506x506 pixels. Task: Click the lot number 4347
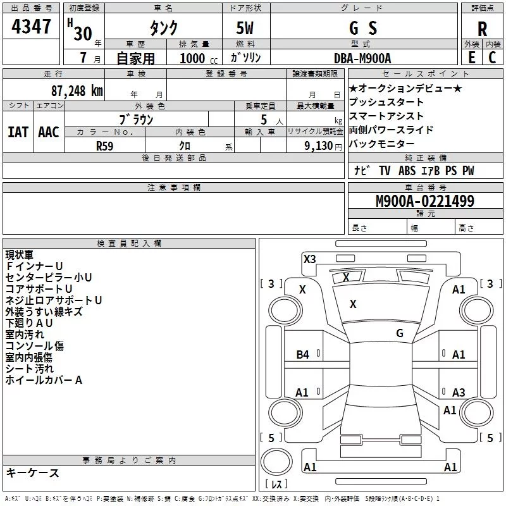click(x=31, y=27)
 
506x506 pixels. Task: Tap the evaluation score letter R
click(x=482, y=29)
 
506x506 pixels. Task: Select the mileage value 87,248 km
click(x=77, y=91)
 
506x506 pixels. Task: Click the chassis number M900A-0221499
click(x=425, y=201)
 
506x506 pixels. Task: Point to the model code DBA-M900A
click(x=362, y=58)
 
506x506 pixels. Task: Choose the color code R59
click(x=104, y=146)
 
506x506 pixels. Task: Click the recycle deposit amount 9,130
click(x=319, y=146)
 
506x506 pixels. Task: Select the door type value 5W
click(x=245, y=28)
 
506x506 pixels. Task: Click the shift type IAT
click(x=18, y=132)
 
